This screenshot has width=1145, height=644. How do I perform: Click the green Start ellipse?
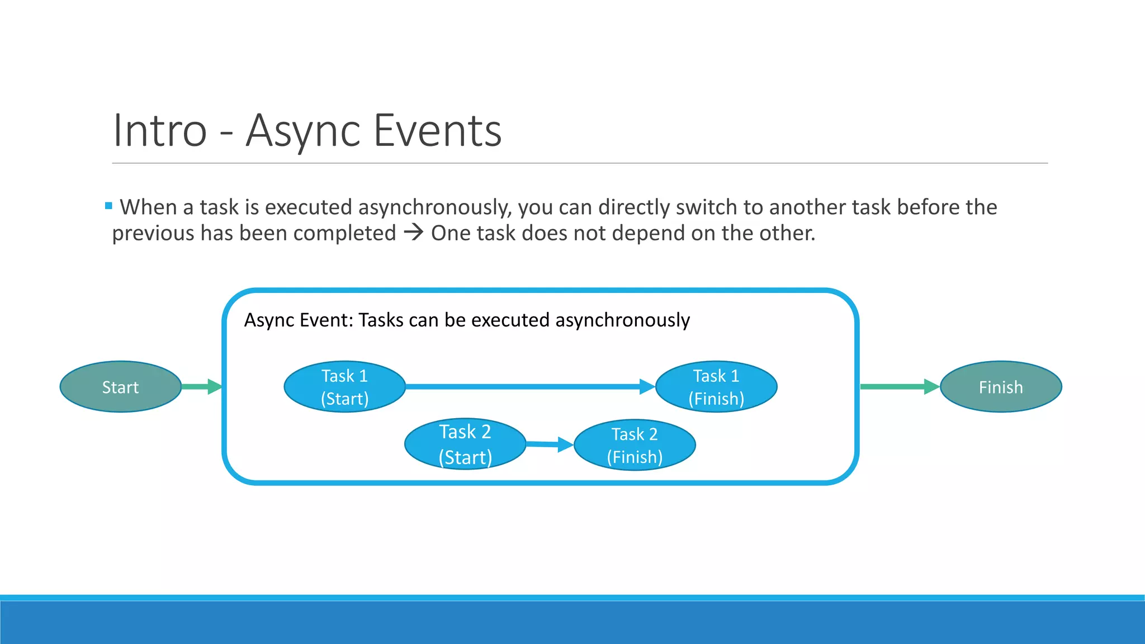(x=120, y=387)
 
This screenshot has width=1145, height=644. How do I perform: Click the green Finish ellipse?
(x=1000, y=387)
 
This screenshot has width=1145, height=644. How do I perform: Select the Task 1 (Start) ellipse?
(x=344, y=387)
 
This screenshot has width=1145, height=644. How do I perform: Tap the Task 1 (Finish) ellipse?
(x=716, y=387)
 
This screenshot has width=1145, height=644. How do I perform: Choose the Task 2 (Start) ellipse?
(x=465, y=444)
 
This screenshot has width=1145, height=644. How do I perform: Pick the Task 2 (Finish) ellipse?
(x=635, y=445)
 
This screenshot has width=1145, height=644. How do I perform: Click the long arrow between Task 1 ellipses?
(x=526, y=386)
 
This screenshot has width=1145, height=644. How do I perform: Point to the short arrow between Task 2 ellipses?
(x=548, y=444)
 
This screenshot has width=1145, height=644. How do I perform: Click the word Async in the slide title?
(x=302, y=131)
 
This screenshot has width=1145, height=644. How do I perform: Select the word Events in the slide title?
(x=437, y=131)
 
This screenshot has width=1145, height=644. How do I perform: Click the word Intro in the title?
(x=160, y=131)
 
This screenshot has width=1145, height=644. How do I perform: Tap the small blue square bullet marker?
(x=108, y=206)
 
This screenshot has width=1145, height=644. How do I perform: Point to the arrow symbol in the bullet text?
(x=414, y=233)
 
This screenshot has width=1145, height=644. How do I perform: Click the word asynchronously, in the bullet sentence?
(x=434, y=207)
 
